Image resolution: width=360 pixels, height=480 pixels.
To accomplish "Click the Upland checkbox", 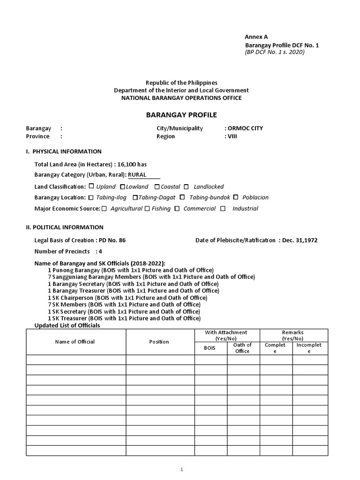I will coord(91,186).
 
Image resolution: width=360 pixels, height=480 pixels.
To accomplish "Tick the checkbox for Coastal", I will coord(157,186).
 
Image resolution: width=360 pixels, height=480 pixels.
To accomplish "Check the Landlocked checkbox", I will coord(187,186).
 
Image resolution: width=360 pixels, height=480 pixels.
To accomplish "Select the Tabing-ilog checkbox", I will coord(91,197).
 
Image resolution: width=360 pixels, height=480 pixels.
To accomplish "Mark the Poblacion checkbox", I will coord(236,197).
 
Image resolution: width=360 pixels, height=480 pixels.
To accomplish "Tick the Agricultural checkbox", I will coord(104,209).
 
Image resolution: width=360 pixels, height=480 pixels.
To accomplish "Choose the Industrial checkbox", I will coord(223,209).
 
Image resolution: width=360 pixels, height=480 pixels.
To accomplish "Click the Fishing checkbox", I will coord(147,209).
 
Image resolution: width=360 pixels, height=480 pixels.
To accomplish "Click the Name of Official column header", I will coord(75,342).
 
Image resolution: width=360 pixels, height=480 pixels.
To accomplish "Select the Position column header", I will coord(159,342).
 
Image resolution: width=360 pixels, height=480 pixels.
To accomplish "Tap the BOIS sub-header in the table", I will coord(210,348).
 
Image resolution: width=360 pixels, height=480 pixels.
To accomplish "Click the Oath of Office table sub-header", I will coord(242,348).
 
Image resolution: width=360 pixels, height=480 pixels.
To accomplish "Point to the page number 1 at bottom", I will coord(181,470).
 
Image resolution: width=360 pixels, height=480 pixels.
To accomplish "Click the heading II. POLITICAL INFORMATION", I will coord(65,227).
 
